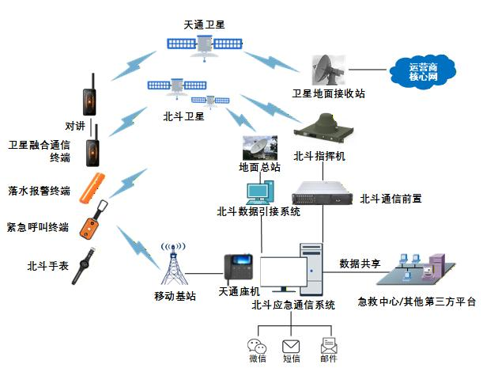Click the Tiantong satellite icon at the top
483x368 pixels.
click(205, 46)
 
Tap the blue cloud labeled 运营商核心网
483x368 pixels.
click(423, 72)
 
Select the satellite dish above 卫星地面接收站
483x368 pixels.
click(328, 70)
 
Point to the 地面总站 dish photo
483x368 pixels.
click(260, 148)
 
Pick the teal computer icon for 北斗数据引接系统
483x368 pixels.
click(260, 192)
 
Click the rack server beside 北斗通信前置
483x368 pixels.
click(323, 193)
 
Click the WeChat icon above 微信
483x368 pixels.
click(257, 346)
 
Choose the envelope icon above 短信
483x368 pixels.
click(291, 347)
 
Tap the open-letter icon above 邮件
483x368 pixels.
click(329, 346)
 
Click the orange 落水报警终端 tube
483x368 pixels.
click(92, 188)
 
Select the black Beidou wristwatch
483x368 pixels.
click(84, 266)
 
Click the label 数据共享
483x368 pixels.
click(360, 264)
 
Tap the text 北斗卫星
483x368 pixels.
click(183, 116)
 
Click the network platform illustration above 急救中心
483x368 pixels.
click(416, 269)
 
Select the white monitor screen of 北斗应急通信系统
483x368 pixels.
click(283, 272)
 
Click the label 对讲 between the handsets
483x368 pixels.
click(75, 126)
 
